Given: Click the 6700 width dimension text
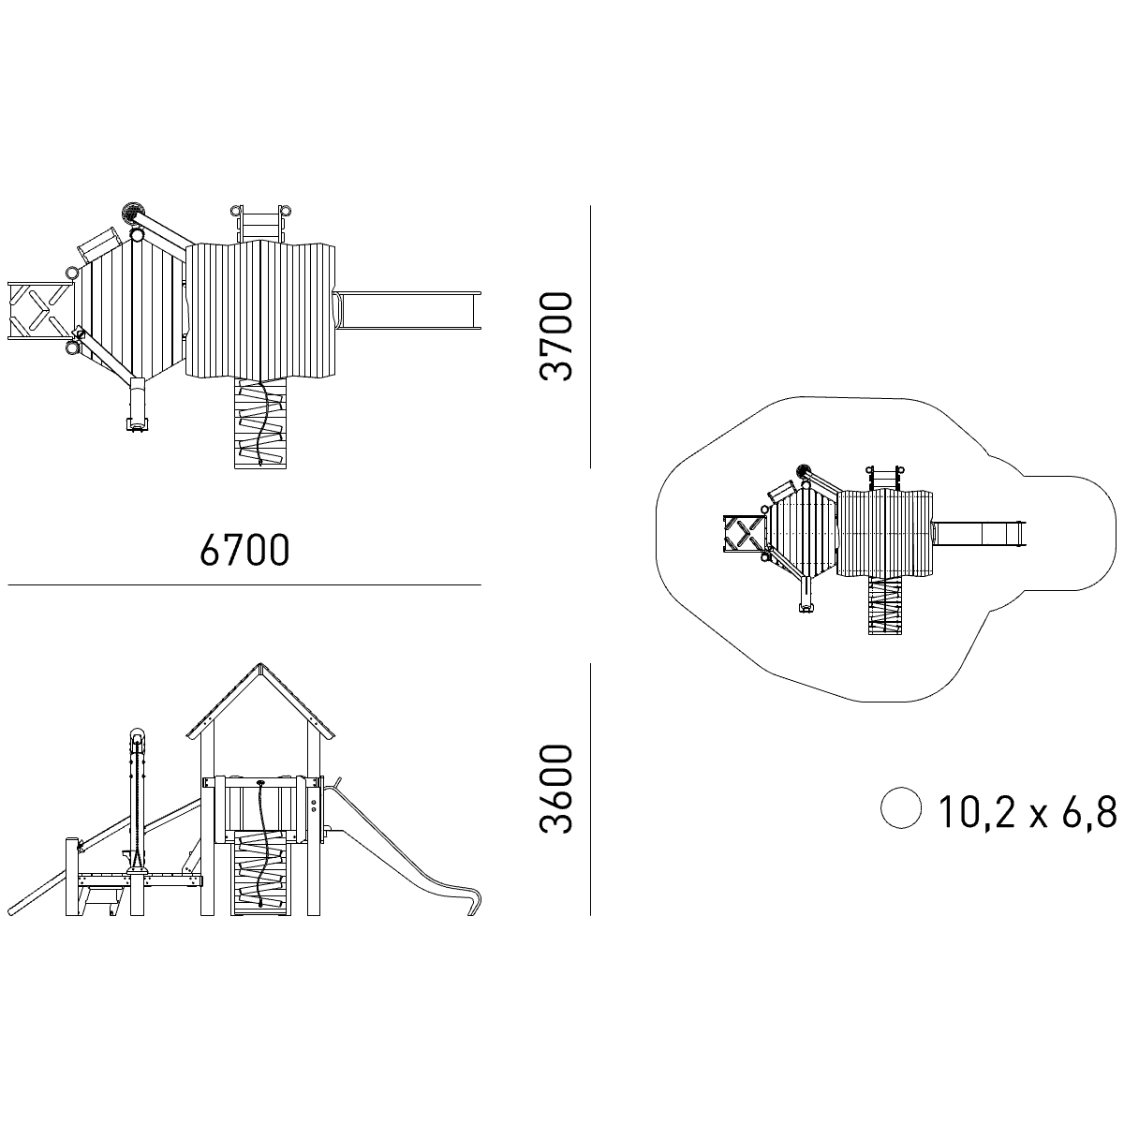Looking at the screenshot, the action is [244, 550].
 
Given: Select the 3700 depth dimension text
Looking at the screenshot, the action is [555, 336].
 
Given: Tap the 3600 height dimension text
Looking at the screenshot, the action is [555, 789].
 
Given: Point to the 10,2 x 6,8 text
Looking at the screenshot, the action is [1028, 811].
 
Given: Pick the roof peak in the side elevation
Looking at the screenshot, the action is [260, 664].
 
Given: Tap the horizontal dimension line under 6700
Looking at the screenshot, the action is [244, 584].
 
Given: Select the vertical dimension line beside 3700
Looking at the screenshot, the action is [590, 336].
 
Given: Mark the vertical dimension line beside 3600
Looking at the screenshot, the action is [590, 789].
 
